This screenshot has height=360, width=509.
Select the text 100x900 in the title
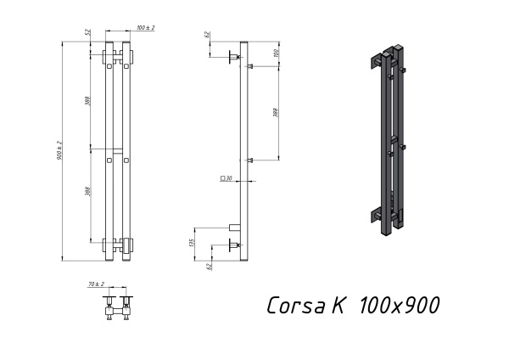[x=399, y=305]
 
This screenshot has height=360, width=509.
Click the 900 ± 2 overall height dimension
[x=59, y=149]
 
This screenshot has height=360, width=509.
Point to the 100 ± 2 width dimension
[x=146, y=29]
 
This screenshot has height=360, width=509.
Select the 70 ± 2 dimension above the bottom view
[x=95, y=284]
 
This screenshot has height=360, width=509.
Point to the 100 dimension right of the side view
[x=277, y=53]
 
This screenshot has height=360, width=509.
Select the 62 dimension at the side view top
[x=207, y=35]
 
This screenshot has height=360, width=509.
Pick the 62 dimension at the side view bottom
[x=207, y=266]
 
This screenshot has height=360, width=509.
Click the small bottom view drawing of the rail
[x=117, y=306]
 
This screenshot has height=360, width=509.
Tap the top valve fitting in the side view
[x=231, y=58]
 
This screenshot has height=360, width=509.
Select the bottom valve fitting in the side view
[x=231, y=246]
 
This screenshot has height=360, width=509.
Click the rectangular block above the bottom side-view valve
[x=234, y=227]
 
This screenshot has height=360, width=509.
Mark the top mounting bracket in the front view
[x=117, y=58]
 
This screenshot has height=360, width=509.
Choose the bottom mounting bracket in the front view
[x=117, y=245]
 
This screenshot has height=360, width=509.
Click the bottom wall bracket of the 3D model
[x=379, y=214]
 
